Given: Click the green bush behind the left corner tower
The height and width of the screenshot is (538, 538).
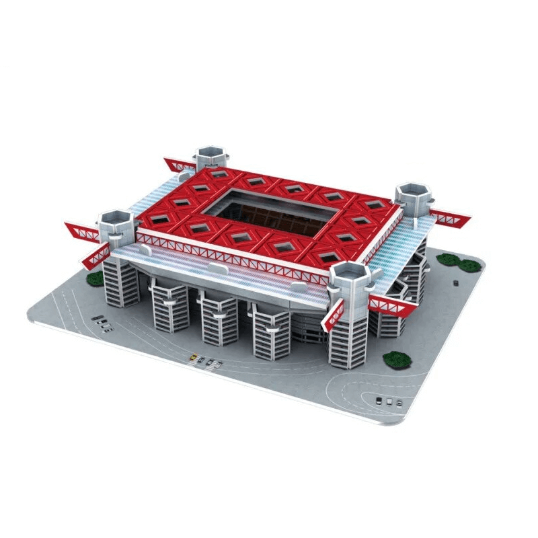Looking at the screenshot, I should [95, 278].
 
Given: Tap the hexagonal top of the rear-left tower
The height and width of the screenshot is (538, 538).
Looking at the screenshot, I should [212, 153].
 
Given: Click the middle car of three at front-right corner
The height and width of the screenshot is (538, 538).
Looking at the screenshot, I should [389, 401].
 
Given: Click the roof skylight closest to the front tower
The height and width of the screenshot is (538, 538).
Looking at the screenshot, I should [328, 256].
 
